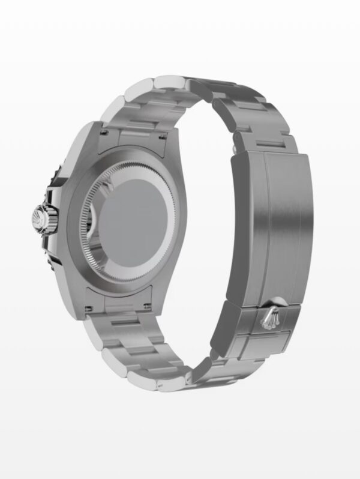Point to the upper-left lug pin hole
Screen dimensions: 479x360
103,133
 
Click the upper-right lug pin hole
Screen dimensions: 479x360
163,139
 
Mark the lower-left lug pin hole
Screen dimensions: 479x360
89,308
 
